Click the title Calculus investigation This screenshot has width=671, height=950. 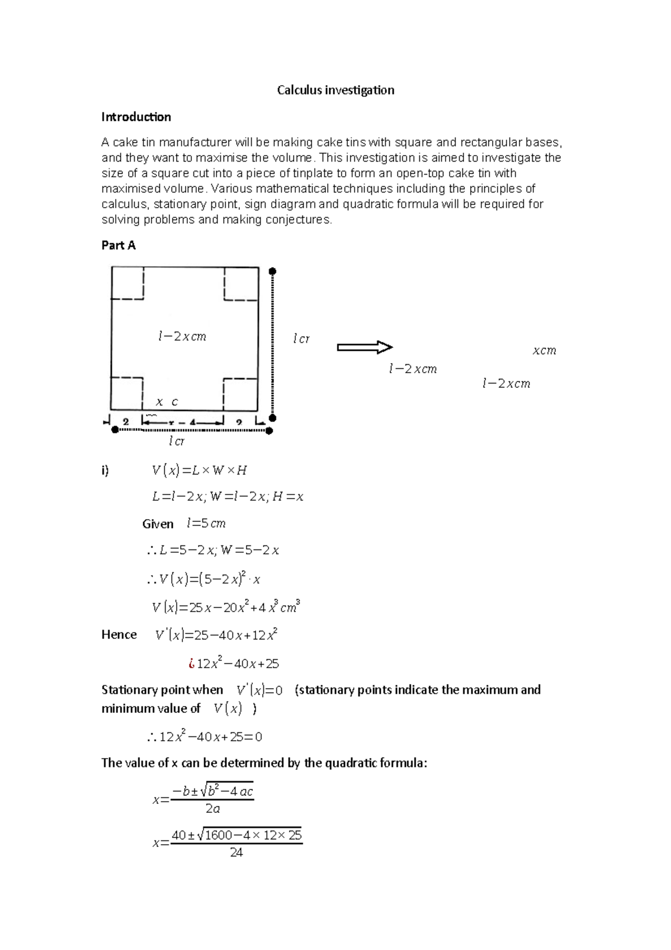point(335,90)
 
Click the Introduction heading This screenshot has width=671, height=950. point(136,117)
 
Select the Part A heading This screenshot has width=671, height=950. point(118,245)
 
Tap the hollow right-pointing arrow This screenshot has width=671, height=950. point(365,347)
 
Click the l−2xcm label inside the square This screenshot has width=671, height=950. point(182,337)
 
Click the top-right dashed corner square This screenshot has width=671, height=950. point(241,283)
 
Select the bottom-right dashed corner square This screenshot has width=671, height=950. point(240,394)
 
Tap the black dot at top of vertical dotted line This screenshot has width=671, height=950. point(272,272)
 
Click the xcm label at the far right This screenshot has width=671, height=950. point(544,351)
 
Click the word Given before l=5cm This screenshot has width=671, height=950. point(158,524)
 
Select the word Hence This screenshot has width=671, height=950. point(119,634)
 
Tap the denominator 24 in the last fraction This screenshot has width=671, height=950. point(237,853)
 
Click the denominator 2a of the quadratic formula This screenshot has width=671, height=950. point(212,809)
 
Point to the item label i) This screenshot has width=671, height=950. point(105,471)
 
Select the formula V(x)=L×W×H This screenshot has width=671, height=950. point(199,471)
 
